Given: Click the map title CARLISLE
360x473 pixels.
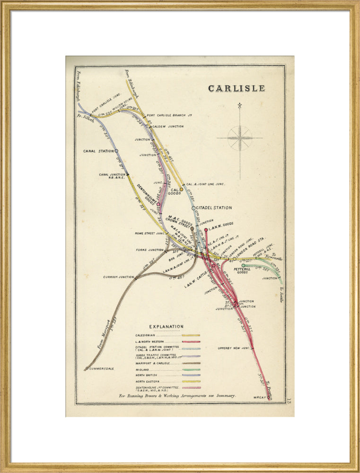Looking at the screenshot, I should point(237,88).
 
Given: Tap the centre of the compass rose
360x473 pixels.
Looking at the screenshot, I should point(240,138).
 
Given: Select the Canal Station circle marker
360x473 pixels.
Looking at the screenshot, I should point(116,151).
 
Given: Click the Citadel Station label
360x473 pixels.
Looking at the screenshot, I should point(214,208).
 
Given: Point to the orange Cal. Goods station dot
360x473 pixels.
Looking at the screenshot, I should point(181,189).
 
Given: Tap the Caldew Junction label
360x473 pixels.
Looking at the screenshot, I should point(168,126).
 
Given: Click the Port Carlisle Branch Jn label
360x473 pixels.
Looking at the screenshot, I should point(169,115).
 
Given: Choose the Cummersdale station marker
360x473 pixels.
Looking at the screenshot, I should point(87,368).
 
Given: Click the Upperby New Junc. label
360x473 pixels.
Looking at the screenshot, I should point(233,348).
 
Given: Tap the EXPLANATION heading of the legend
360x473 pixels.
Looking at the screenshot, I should point(166,326).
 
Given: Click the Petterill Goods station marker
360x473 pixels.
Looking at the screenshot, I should point(243,265).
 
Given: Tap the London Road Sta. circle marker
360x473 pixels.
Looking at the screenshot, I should point(234,259).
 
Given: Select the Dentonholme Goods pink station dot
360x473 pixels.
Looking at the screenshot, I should point(158,204).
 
